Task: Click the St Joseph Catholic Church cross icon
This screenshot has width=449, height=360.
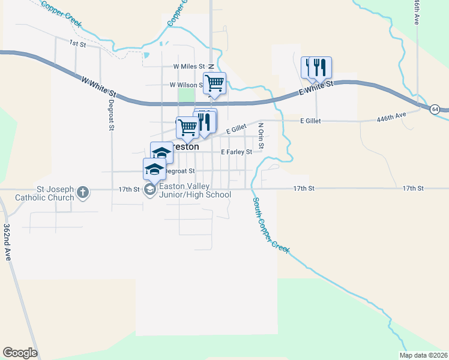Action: click(83, 193)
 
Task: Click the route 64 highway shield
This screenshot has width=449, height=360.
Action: click(435, 109)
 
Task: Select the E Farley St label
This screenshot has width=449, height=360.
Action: click(236, 152)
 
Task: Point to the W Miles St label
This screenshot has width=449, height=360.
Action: click(189, 67)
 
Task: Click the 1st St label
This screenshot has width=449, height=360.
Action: click(77, 43)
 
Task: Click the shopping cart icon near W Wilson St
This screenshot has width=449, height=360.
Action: click(214, 83)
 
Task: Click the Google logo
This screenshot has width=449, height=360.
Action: click(20, 353)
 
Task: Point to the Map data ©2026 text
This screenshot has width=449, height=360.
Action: click(423, 355)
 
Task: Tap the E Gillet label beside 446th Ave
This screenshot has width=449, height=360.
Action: click(310, 121)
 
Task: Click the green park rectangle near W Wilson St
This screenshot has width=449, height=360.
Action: click(187, 95)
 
